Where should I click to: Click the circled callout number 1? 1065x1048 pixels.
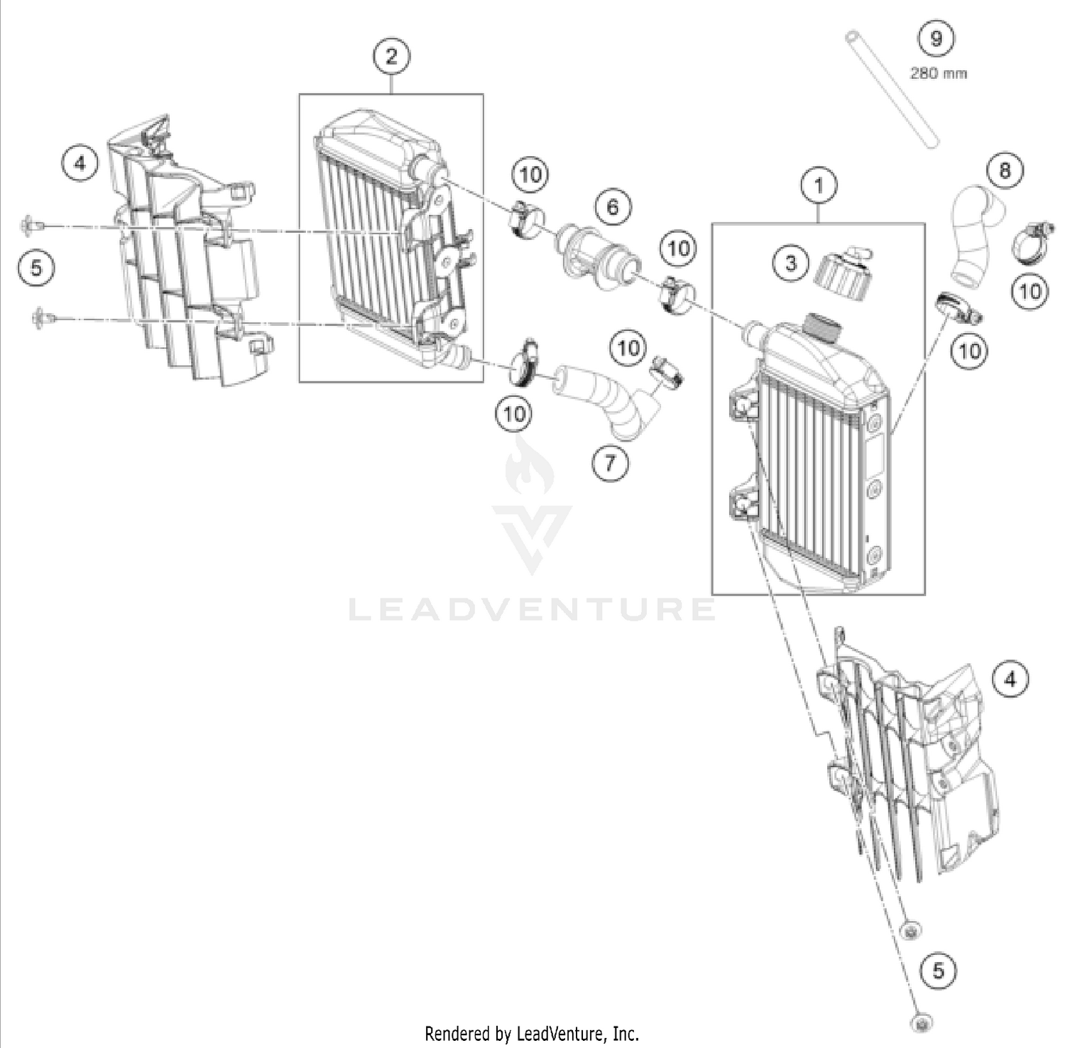(x=819, y=186)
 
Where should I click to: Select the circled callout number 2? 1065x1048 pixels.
(x=391, y=56)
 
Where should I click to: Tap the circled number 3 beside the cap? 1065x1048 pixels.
(x=791, y=263)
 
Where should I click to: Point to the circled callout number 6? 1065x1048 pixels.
(x=612, y=207)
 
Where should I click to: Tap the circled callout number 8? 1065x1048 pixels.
(x=1005, y=170)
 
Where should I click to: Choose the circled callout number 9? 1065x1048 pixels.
(x=936, y=38)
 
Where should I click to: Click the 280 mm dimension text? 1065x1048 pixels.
(x=938, y=73)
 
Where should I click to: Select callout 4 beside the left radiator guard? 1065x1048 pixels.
(x=80, y=163)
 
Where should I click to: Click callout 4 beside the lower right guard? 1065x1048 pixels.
(x=1010, y=679)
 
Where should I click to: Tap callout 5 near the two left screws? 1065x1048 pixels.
(x=36, y=268)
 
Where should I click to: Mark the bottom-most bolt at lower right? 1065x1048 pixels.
(x=921, y=1023)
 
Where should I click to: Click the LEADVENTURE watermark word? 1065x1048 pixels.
(x=532, y=609)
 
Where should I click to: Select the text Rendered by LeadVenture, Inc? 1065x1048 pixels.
(x=532, y=1032)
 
